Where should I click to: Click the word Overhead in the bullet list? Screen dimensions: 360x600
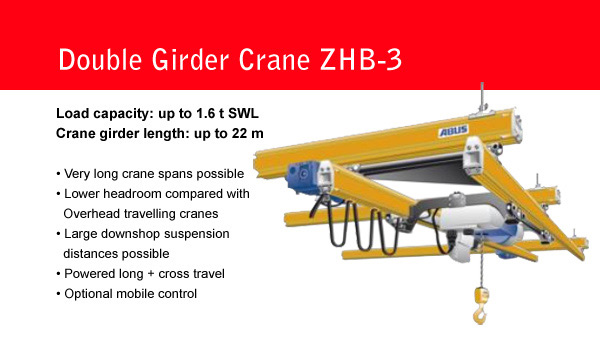pos(90,212)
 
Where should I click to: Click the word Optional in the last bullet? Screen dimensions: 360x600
pos(86,294)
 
